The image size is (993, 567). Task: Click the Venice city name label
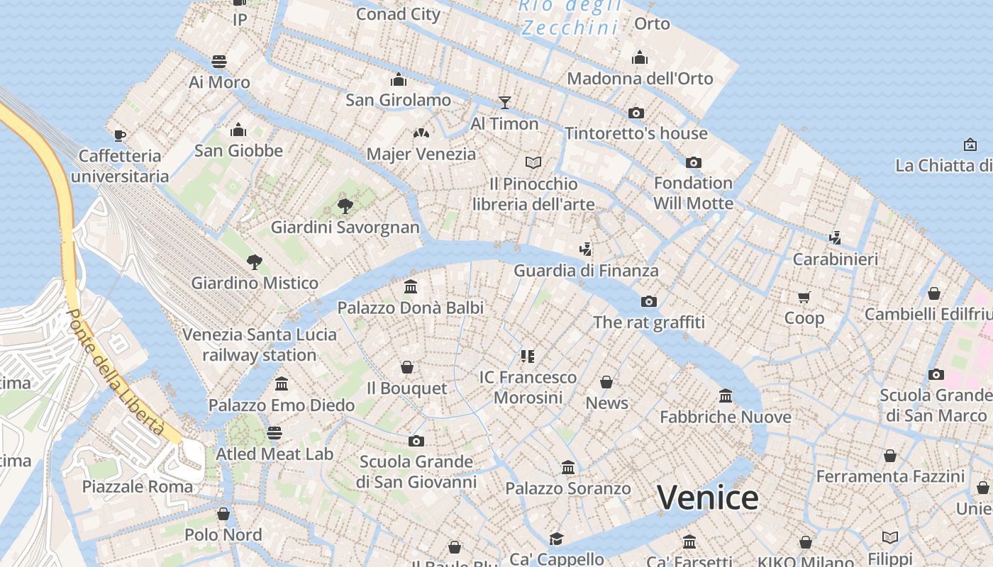(x=707, y=498)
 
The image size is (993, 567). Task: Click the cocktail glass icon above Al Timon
(x=504, y=103)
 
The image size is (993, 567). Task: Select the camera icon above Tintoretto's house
(x=636, y=113)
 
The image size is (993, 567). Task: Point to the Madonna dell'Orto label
(x=640, y=79)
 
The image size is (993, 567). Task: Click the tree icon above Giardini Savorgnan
(x=345, y=206)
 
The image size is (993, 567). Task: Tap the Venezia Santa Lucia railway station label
(x=260, y=344)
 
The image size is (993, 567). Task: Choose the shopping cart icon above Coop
(x=804, y=298)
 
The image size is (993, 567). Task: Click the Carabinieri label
(x=835, y=259)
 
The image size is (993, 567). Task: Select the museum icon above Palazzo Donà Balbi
(x=410, y=287)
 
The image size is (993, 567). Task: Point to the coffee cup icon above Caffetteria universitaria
(x=120, y=135)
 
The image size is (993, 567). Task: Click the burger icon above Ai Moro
(x=219, y=62)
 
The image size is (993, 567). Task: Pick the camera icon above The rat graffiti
(x=648, y=302)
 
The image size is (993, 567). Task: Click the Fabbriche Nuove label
(x=725, y=417)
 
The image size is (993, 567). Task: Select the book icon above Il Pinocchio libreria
(x=533, y=163)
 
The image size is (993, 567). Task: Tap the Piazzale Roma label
(x=138, y=487)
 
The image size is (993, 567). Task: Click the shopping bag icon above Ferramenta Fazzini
(x=889, y=456)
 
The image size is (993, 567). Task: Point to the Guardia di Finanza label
(x=586, y=271)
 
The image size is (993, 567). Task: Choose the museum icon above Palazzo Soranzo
(x=568, y=468)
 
